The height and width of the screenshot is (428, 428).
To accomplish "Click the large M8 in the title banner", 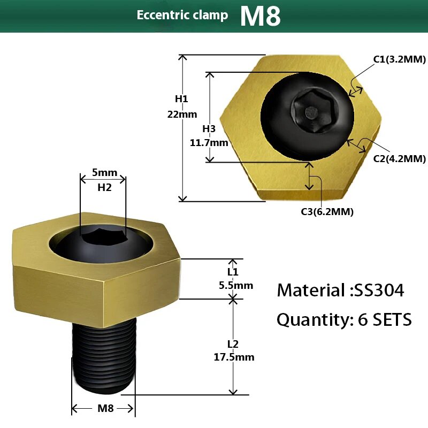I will (x=260, y=16).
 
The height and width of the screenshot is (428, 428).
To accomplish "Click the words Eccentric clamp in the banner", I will (x=182, y=15).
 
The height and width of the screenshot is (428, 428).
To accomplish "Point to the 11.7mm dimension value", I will (x=209, y=143).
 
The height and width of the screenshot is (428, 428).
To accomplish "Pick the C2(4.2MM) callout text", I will (x=400, y=158).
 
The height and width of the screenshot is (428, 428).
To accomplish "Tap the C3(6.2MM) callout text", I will (x=327, y=212).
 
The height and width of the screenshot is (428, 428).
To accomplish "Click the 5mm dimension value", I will (x=104, y=173).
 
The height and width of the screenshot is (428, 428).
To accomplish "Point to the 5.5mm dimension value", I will (x=236, y=285).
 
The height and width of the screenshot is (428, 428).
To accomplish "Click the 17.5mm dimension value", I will (x=236, y=357).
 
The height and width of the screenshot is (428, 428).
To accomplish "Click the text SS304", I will (x=377, y=291).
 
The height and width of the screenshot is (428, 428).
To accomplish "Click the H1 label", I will (x=181, y=99).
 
